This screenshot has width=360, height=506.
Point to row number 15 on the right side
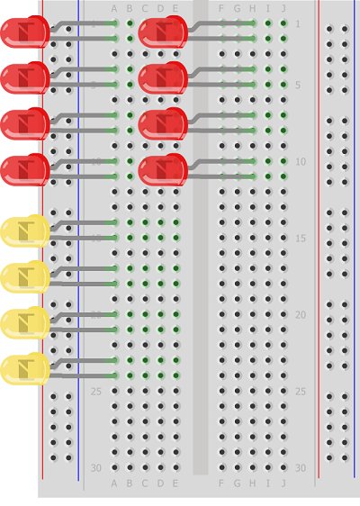point(300,239)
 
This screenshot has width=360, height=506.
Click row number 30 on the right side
point(300,468)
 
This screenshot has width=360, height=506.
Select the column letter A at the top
point(114,9)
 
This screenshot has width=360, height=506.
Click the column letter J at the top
point(283,9)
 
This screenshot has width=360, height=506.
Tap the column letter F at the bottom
point(221,483)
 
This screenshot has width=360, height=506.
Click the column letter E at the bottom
point(175,483)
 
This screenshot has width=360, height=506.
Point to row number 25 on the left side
point(96,392)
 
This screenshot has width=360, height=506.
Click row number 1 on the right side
point(299,23)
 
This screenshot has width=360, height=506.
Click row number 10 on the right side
point(300,162)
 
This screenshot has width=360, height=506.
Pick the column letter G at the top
point(237,9)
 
